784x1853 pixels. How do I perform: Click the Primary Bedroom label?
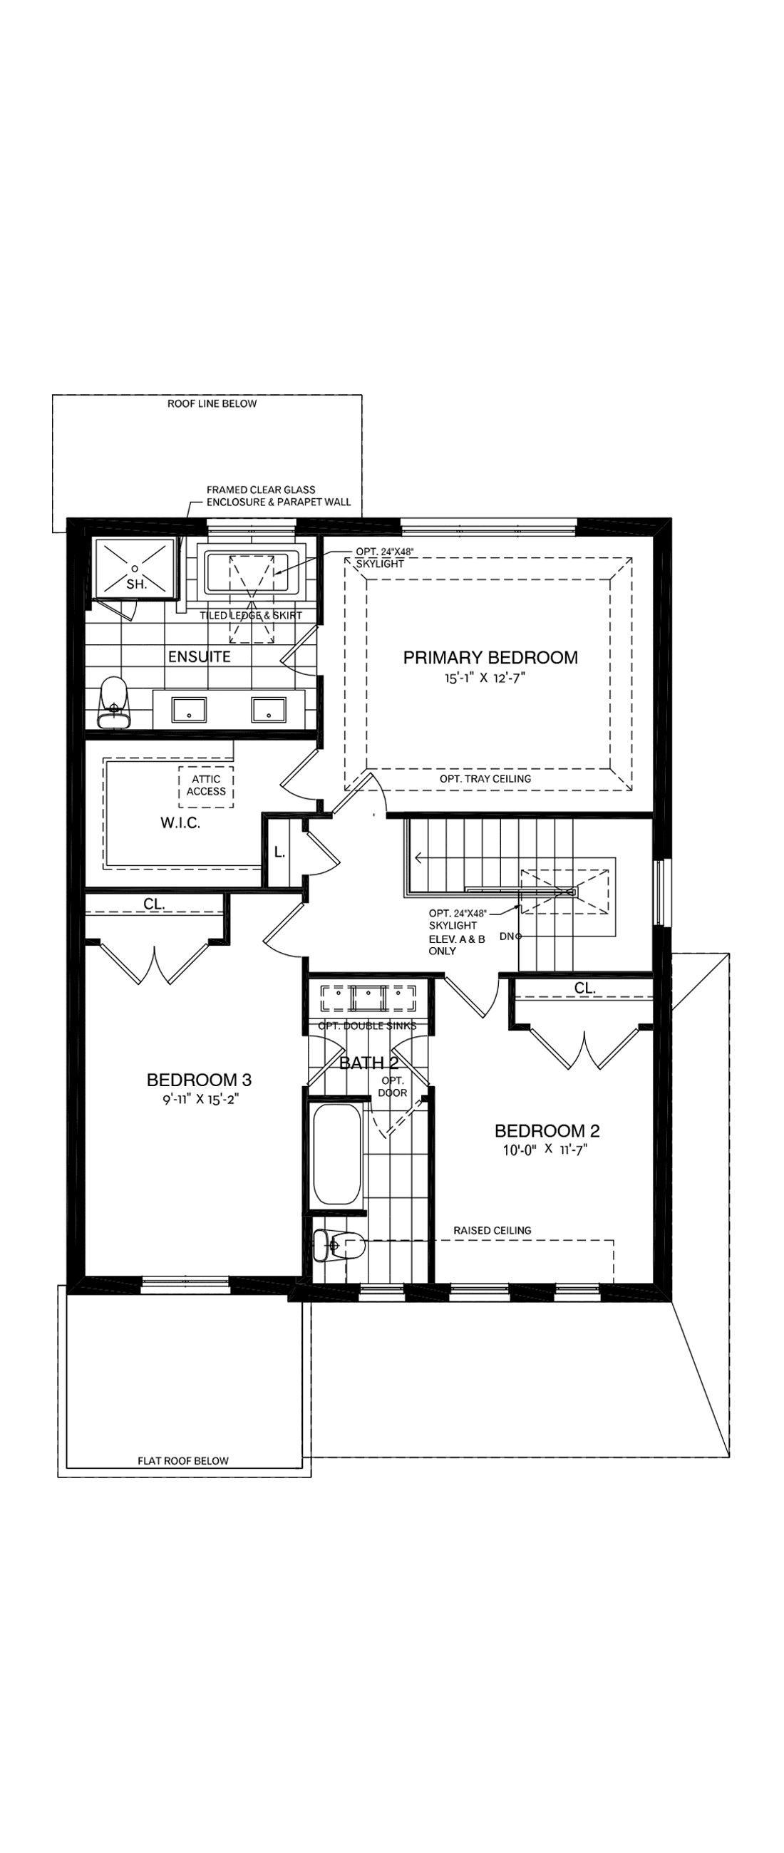coord(490,658)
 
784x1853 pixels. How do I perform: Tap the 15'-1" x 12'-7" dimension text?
coord(480,678)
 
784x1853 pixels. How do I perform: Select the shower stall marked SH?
coord(135,569)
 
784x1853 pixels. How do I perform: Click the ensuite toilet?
coord(113,702)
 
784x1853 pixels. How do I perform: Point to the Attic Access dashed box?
coord(207,785)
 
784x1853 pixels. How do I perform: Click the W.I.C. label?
coord(180,824)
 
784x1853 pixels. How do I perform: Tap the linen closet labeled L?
coord(279,853)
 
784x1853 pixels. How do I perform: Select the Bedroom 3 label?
coord(200,1080)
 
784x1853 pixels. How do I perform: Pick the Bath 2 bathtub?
coord(337,1155)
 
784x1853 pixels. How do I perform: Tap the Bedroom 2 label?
coord(547,1131)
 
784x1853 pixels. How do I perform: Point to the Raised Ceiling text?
coord(492,1231)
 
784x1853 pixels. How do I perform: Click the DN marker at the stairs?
coord(507,936)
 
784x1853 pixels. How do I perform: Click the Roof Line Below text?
coord(212,403)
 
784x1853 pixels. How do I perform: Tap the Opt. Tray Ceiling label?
coord(485,778)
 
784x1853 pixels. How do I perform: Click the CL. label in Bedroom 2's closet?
coord(584,989)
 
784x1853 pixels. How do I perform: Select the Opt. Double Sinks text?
coord(367,1026)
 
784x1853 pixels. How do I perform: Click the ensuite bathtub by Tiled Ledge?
coord(252,571)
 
